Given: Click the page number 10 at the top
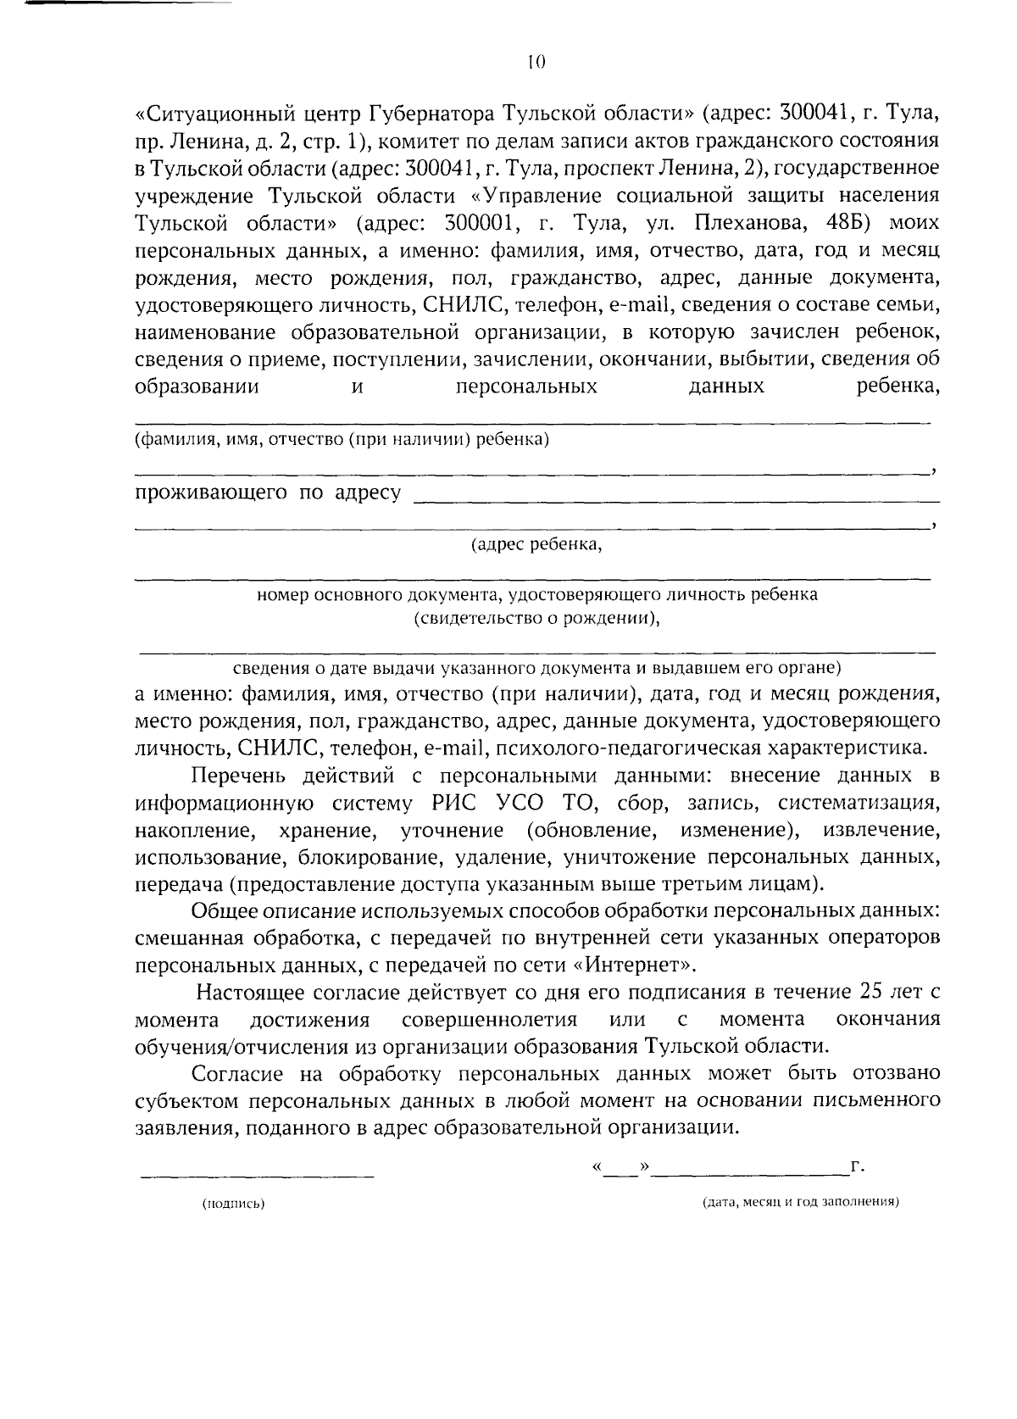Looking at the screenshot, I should (x=535, y=61).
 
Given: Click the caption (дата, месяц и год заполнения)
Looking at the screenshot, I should (x=800, y=1203).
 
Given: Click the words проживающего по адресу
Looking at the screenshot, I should (x=268, y=494).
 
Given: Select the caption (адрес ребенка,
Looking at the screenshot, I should (x=536, y=545).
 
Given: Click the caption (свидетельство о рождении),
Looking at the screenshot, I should (x=536, y=618).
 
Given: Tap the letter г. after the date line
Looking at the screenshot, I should (x=858, y=1168).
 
